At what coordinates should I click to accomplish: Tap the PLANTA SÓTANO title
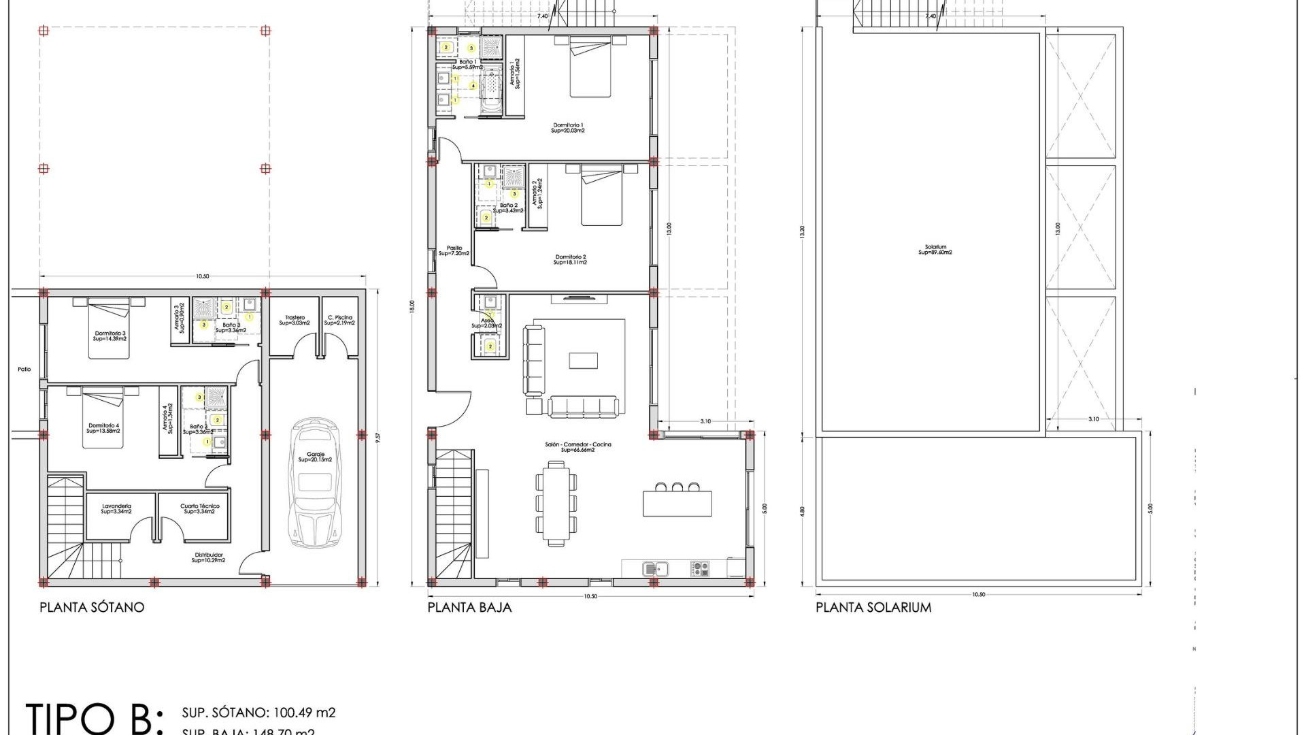point(92,607)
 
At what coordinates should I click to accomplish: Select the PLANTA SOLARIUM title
point(873,607)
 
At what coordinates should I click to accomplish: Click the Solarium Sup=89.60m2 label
point(935,250)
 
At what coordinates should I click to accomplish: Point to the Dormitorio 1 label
point(568,127)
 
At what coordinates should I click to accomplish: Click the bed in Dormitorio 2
point(601,199)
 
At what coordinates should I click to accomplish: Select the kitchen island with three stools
point(677,503)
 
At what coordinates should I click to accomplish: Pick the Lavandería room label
point(116,508)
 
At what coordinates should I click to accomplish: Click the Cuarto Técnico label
point(199,508)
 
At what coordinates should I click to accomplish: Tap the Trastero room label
point(295,320)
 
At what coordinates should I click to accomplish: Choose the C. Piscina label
point(339,320)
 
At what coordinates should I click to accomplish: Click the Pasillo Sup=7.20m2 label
point(454,250)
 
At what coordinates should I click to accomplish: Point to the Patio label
point(24,370)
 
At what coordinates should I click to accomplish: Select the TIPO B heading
point(94,718)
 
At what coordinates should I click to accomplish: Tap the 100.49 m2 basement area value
point(304,713)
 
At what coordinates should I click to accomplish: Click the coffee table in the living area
point(583,360)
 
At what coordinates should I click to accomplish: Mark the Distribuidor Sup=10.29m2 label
point(208,557)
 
